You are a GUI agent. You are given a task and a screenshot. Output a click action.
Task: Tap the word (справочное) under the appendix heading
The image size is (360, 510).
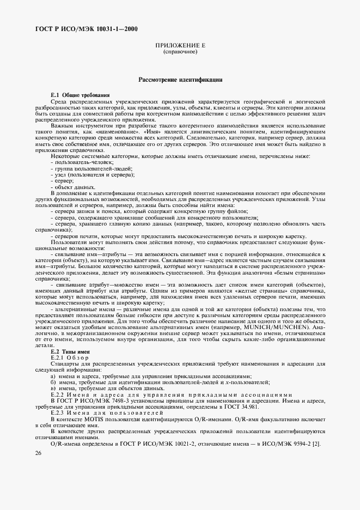180,52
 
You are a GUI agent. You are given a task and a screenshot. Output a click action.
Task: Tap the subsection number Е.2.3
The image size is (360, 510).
58,414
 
